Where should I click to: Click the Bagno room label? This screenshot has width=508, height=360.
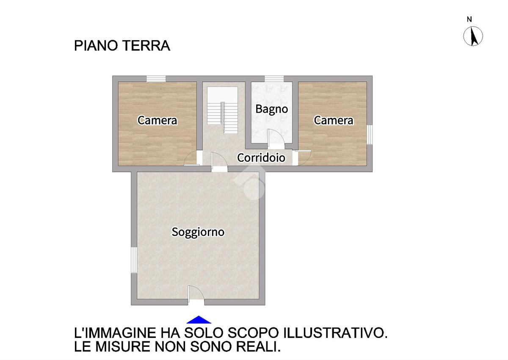271,109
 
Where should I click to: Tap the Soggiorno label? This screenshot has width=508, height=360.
198,232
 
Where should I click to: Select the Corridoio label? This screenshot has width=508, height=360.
261,158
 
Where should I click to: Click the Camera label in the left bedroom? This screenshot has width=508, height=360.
157,120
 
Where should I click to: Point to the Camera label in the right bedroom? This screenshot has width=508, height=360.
334,120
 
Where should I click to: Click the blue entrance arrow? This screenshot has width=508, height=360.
199,320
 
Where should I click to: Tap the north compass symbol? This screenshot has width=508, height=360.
473,36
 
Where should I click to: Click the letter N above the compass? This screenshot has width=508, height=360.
469,19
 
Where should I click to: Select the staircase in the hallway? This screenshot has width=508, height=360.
223,110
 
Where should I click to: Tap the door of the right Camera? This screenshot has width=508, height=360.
304,158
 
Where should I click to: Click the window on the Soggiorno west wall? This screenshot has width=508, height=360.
134,260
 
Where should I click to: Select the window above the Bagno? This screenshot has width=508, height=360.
274,79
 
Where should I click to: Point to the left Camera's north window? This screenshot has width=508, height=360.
156,79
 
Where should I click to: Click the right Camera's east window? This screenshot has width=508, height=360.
370,135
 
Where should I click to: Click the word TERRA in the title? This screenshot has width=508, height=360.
146,46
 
